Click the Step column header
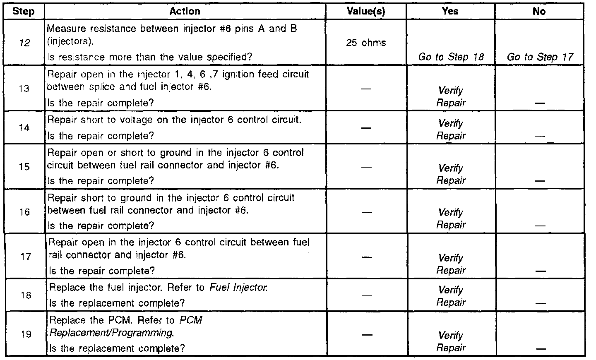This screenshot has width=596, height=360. coord(23,11)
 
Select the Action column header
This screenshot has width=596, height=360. coord(185,11)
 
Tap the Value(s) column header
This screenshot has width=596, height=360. coord(366,11)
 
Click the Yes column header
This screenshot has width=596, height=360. coord(450,11)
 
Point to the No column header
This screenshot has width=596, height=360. coord(539,11)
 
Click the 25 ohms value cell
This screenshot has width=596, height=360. coord(366,43)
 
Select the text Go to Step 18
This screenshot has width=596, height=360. coord(451,57)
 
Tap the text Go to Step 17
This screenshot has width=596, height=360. coord(540,57)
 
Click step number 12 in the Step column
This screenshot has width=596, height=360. coord(25,43)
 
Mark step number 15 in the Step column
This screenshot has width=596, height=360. coord(25,167)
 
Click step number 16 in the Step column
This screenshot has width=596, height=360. coord(25,212)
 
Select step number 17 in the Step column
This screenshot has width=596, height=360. coord(26,257)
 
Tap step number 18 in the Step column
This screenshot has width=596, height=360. coord(26,295)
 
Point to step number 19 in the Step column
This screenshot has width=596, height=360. coord(26,334)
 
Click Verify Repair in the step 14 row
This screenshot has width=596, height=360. coord(451,129)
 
